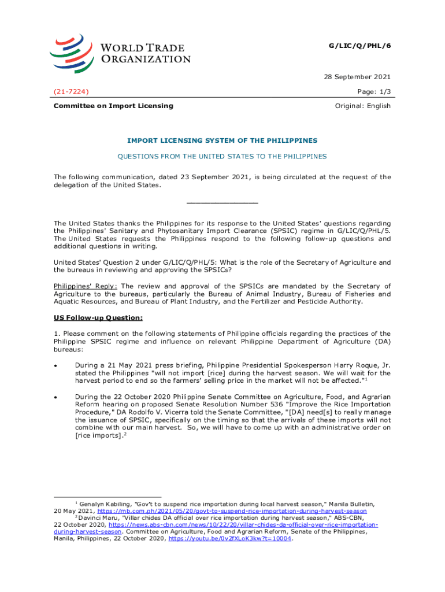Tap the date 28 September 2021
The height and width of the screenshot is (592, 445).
pyautogui.click(x=356, y=77)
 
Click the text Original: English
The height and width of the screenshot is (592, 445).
pyautogui.click(x=363, y=106)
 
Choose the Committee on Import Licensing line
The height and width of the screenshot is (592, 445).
pyautogui.click(x=113, y=106)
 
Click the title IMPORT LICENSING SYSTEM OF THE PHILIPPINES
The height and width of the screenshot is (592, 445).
pyautogui.click(x=222, y=140)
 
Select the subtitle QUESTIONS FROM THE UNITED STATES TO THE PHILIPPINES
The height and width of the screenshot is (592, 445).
pyautogui.click(x=222, y=156)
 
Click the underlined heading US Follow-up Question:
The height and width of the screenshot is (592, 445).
pyautogui.click(x=98, y=317)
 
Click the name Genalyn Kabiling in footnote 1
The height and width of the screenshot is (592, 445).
pyautogui.click(x=103, y=504)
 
